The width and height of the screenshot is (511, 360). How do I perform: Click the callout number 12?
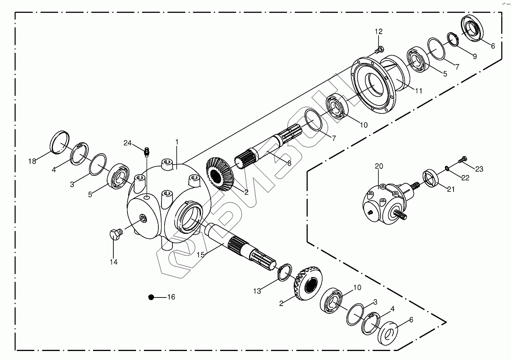click(x=379, y=32)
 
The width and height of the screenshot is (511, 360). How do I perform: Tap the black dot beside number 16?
click(x=151, y=297)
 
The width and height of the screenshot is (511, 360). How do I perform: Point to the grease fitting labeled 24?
click(x=147, y=151)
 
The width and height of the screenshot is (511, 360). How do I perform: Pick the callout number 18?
click(x=32, y=161)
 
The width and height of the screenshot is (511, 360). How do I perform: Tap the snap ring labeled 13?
click(x=285, y=272)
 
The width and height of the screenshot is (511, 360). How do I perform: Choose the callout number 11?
click(x=418, y=91)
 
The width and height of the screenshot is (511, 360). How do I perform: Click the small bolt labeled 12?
click(x=379, y=50)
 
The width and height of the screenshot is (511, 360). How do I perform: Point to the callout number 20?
click(x=379, y=167)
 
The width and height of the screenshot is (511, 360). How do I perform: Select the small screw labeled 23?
click(x=462, y=159)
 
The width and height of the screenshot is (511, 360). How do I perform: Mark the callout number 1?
click(x=177, y=142)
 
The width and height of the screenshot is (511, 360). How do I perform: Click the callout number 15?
click(x=201, y=255)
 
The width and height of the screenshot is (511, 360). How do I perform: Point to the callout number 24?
click(x=127, y=143)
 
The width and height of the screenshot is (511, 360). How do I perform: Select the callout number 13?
click(x=256, y=291)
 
